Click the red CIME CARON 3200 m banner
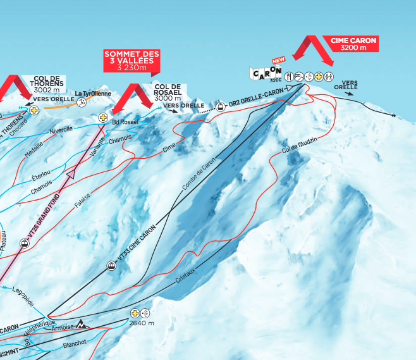(353, 44)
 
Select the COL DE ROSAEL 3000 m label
(168, 92)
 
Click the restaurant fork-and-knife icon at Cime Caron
(289, 77)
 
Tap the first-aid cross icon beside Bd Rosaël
(103, 118)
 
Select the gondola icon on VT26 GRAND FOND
(23, 243)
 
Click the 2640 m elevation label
(143, 323)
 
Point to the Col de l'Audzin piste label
(296, 147)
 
